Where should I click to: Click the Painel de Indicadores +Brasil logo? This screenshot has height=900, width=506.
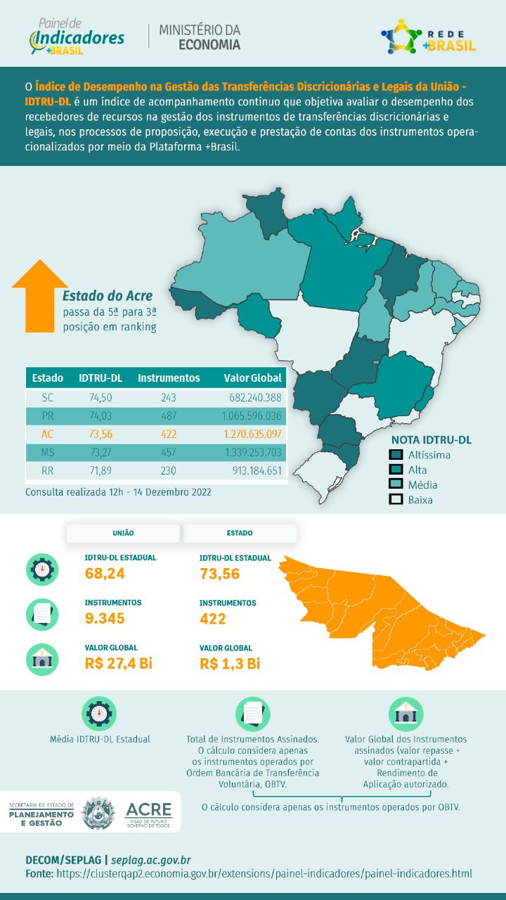tap(77, 37)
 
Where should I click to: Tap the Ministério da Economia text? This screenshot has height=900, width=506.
tap(200, 37)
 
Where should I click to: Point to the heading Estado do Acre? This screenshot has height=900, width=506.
tap(107, 295)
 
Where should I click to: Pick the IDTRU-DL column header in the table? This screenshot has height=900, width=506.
tap(100, 378)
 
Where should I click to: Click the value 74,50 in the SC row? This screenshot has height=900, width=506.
tap(101, 397)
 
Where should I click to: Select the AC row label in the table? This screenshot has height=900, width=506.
tap(48, 434)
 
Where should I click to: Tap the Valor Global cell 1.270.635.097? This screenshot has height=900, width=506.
tap(253, 434)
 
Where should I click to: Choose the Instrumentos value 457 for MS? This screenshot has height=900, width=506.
tap(169, 452)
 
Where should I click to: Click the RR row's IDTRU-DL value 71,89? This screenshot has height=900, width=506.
tap(101, 470)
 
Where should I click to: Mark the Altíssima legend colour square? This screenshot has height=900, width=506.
tap(396, 455)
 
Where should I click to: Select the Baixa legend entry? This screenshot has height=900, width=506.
tap(420, 500)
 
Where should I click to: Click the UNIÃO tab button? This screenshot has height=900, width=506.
tap(123, 533)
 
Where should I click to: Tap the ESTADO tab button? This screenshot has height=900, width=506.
tap(240, 533)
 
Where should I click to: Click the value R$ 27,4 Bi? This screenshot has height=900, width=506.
tap(118, 663)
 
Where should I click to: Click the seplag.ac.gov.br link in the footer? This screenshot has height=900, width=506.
tap(151, 860)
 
